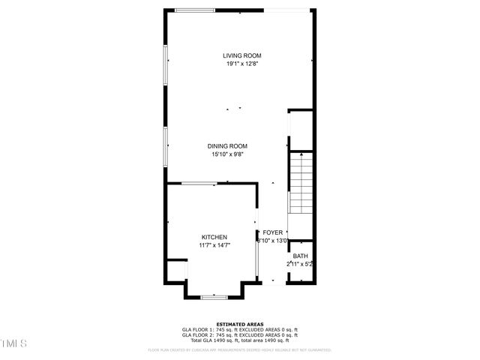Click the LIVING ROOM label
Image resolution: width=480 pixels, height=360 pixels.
tap(241, 55)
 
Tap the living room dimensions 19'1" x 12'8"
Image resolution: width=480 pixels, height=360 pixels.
tap(241, 64)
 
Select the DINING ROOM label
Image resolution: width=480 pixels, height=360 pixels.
tap(227, 146)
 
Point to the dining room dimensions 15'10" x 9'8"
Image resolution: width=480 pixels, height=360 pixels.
tap(227, 155)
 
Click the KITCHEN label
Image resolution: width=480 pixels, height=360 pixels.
tap(214, 236)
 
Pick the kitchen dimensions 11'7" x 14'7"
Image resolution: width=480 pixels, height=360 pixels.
tap(214, 245)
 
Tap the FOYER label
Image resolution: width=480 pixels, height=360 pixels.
tap(272, 233)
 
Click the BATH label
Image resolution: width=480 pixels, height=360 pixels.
tap(300, 256)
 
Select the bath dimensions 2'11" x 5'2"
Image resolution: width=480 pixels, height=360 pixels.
tap(299, 264)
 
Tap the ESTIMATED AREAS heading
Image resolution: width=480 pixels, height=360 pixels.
tap(239, 325)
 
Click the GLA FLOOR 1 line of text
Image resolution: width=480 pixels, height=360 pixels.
tap(239, 330)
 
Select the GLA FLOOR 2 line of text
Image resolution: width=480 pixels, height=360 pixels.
tap(239, 335)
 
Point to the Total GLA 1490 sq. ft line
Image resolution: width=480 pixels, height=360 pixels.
tap(239, 340)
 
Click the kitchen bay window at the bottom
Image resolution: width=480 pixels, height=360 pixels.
tap(214, 297)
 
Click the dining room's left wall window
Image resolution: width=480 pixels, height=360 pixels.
tap(166, 145)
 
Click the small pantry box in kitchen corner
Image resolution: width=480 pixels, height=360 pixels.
tap(175, 270)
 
